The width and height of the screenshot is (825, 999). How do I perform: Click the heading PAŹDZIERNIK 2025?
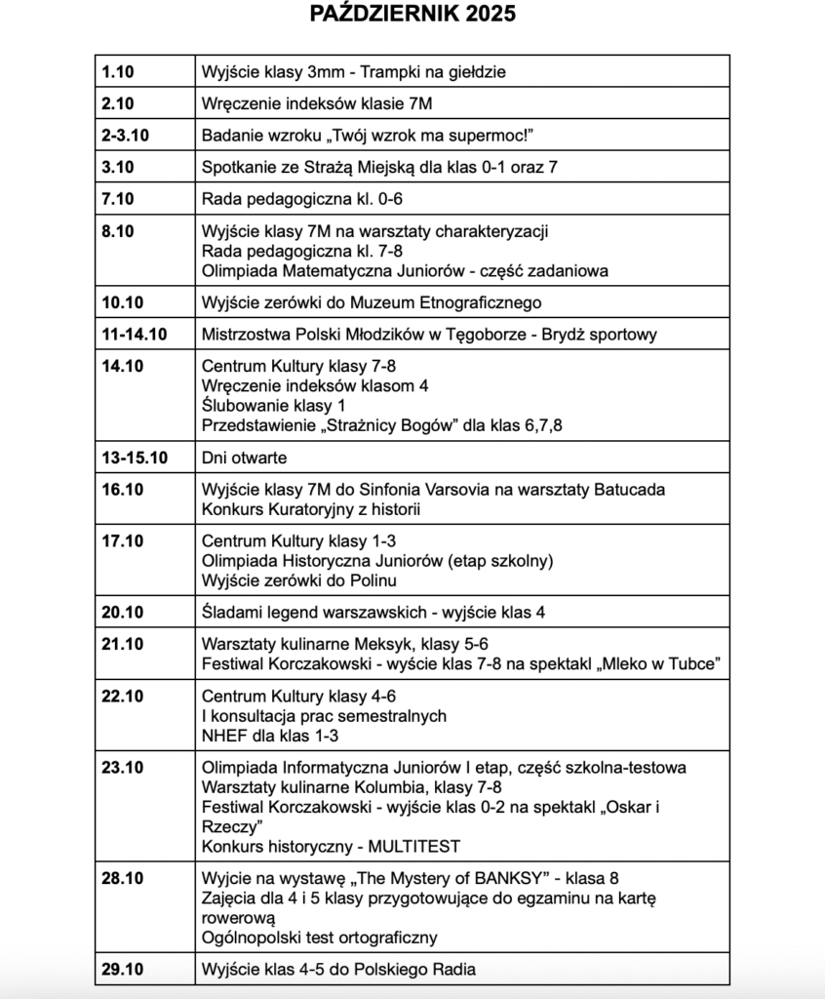pyautogui.click(x=412, y=14)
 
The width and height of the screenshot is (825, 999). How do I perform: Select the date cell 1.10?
pyautogui.click(x=116, y=71)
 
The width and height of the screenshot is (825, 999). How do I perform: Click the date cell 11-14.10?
pyautogui.click(x=134, y=335)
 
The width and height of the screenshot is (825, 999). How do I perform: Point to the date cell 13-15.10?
pyautogui.click(x=134, y=458)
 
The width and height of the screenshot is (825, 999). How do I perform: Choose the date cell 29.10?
pyautogui.click(x=122, y=969)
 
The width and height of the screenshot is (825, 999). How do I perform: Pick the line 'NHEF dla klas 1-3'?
pyautogui.click(x=269, y=735)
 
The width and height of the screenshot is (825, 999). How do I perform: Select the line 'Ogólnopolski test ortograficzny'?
pyautogui.click(x=319, y=938)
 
